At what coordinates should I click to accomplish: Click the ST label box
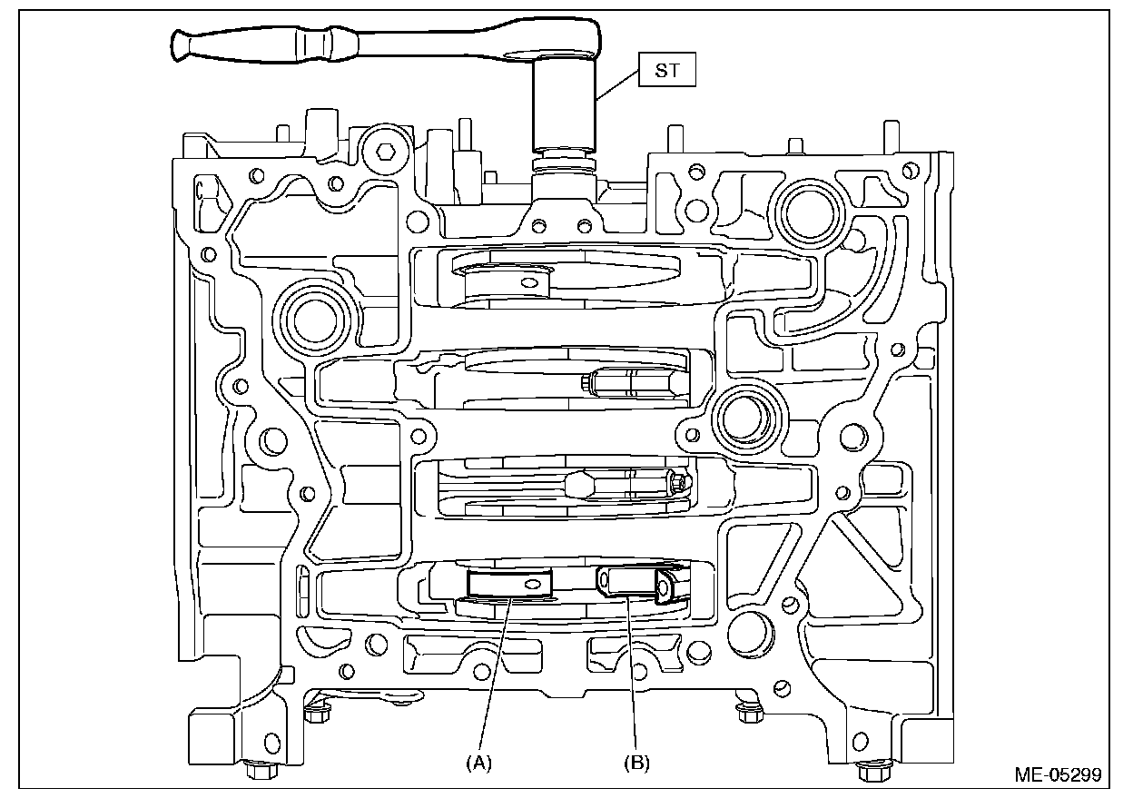(x=667, y=71)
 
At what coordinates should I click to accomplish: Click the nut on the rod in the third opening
(x=679, y=484)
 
